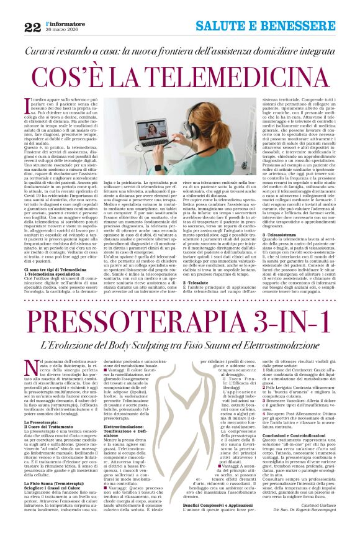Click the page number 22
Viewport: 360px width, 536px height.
coord(32,26)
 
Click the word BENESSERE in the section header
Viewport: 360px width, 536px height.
coord(305,26)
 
